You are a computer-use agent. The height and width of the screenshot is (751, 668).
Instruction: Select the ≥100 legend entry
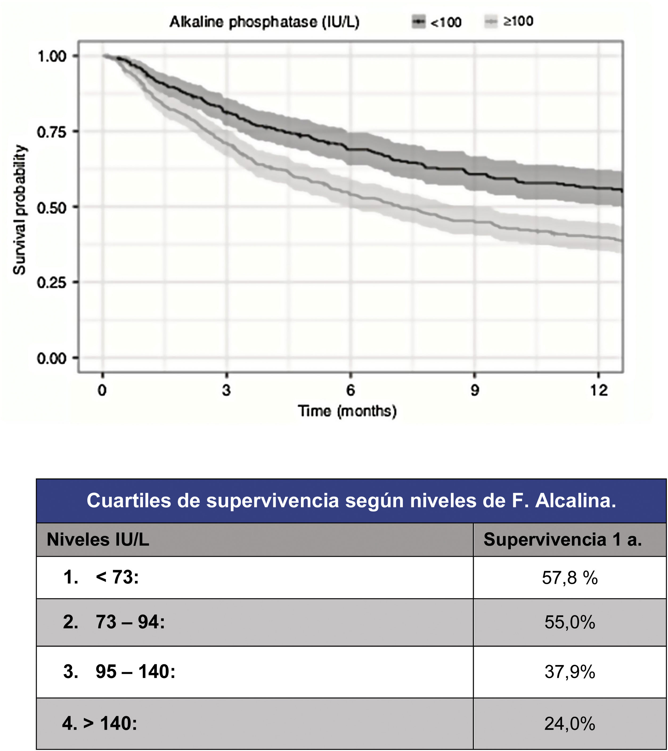[510, 21]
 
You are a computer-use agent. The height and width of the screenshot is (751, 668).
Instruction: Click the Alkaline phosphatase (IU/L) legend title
[264, 22]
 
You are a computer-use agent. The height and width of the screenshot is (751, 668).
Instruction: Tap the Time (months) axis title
[347, 411]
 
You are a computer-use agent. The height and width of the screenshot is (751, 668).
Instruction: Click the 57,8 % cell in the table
[569, 578]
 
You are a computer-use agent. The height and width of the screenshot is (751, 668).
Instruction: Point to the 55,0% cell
[569, 622]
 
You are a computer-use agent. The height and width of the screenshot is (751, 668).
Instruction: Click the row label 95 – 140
[135, 672]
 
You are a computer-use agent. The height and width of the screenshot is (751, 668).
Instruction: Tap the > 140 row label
[110, 723]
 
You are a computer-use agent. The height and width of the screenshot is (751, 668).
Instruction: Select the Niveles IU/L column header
[98, 540]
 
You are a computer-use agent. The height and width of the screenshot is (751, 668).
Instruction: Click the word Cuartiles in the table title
[128, 501]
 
